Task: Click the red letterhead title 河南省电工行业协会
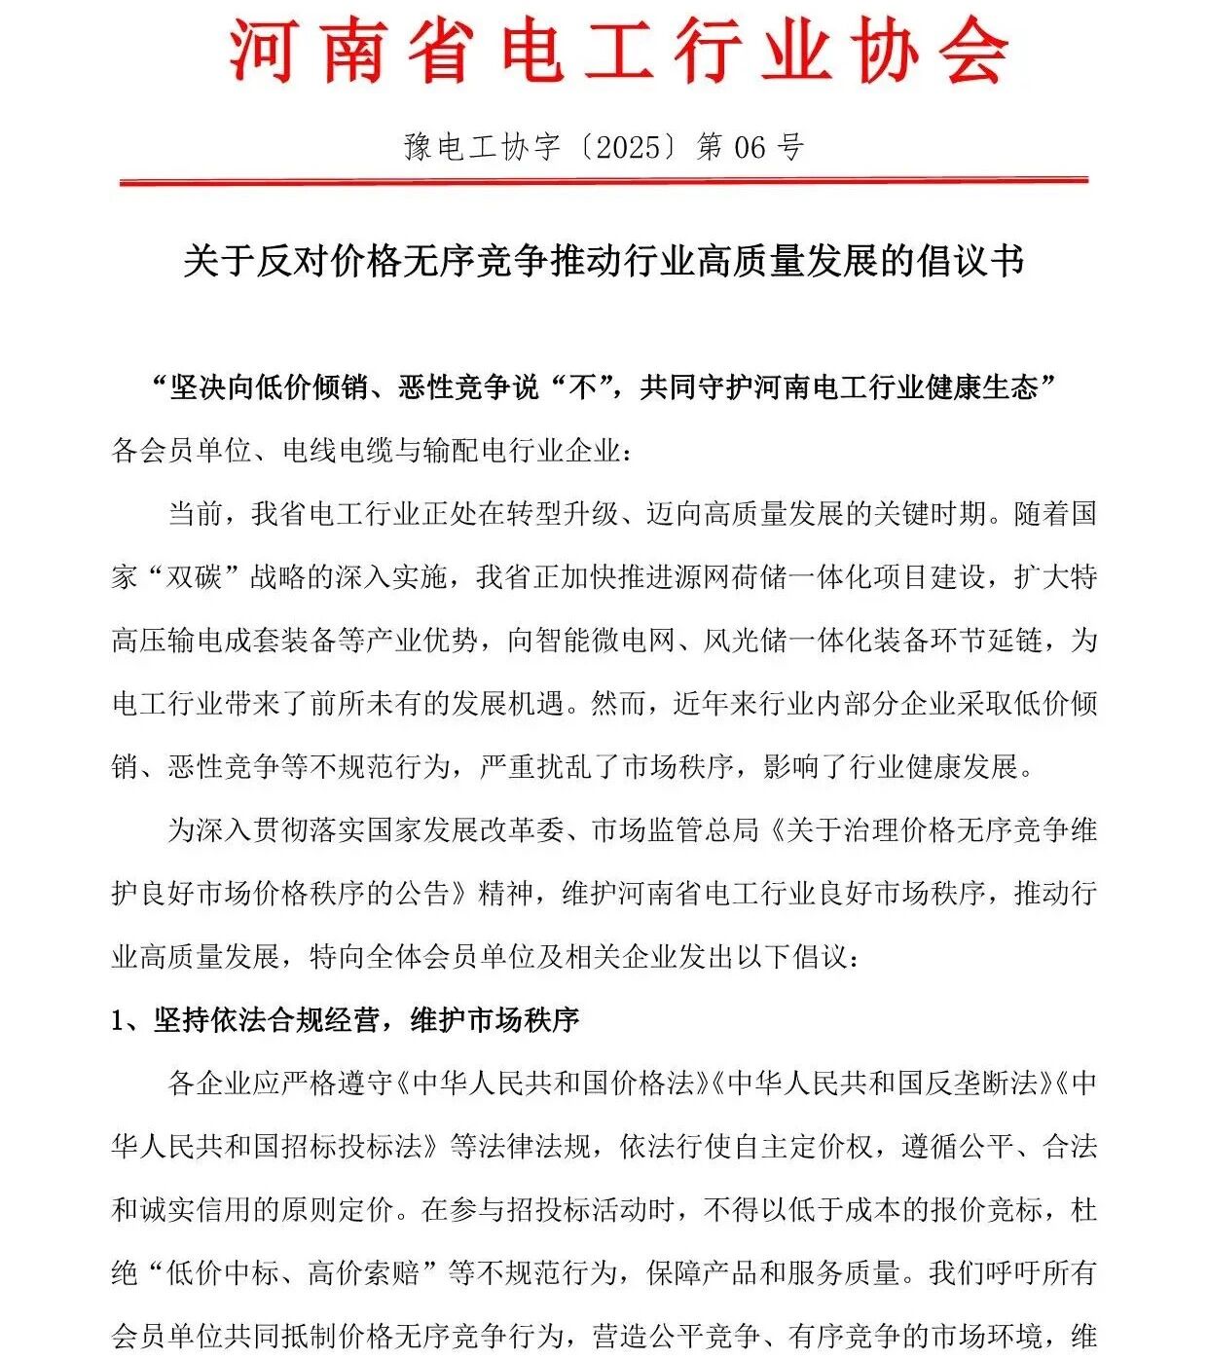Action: [x=619, y=51]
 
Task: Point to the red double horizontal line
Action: [x=604, y=180]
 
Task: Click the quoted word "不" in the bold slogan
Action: [x=582, y=387]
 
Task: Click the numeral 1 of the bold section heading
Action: [x=119, y=1020]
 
